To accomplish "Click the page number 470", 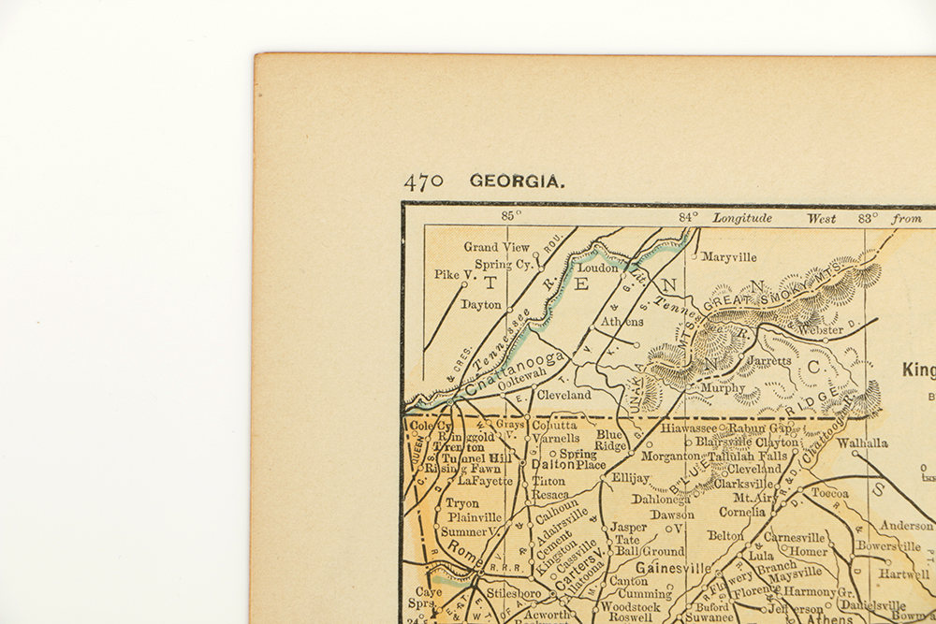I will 423,181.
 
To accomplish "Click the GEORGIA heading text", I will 518,181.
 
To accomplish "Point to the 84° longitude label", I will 688,216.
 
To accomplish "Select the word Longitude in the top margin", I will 742,217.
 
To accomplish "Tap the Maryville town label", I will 728,257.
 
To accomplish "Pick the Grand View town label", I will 496,247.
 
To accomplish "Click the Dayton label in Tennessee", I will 481,305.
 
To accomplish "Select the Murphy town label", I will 723,387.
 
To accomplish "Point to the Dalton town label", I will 551,464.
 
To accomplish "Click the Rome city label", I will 462,552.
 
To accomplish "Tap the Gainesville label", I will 673,568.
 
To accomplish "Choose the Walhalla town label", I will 861,443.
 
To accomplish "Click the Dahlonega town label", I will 660,499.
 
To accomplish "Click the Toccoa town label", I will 829,493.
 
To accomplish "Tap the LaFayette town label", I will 485,481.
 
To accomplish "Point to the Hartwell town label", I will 905,573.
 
